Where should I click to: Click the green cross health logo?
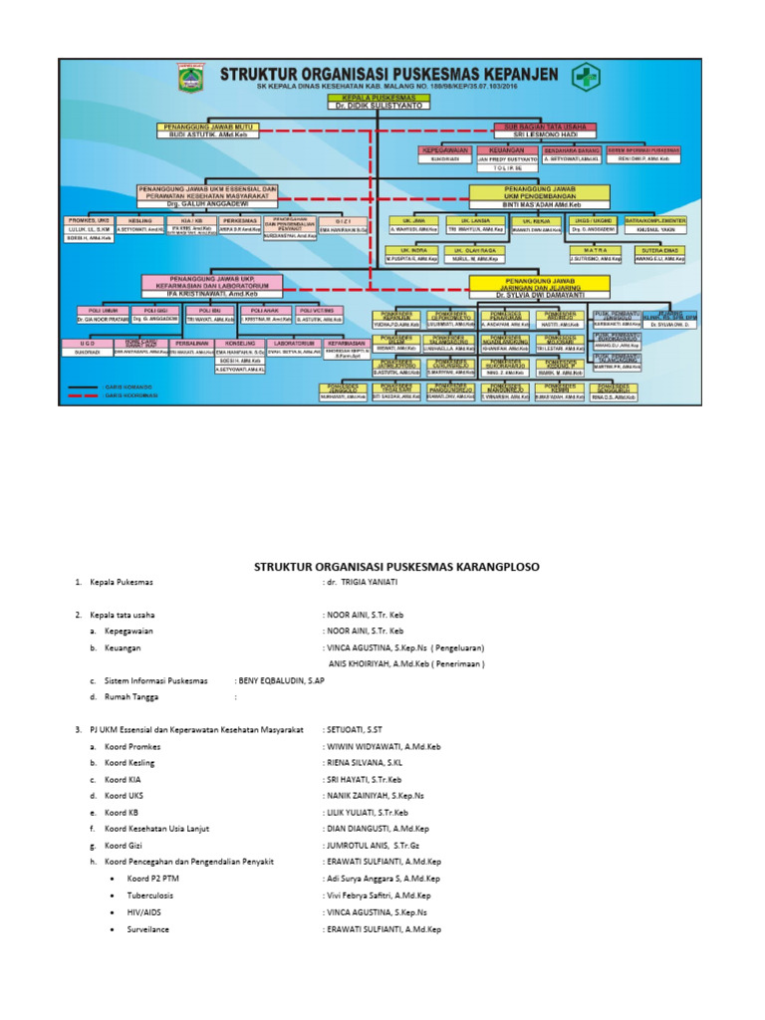click(x=585, y=79)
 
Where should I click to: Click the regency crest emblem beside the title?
click(x=189, y=78)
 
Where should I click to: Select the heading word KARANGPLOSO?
click(x=492, y=567)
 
